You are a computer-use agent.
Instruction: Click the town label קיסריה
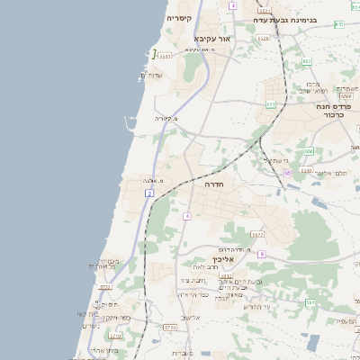tap(179, 17)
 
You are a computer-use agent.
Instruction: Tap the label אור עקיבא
tap(213, 39)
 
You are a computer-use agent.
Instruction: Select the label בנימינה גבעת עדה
tap(306, 18)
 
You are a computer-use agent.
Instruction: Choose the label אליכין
tap(222, 259)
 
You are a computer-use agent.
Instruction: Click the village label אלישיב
tap(191, 318)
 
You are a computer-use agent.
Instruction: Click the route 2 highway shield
tap(148, 193)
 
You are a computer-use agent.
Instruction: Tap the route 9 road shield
tap(260, 255)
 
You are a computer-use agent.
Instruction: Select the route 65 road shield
tap(288, 173)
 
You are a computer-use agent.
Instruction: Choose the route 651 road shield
tap(270, 104)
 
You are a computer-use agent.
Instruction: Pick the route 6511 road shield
tap(165, 56)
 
